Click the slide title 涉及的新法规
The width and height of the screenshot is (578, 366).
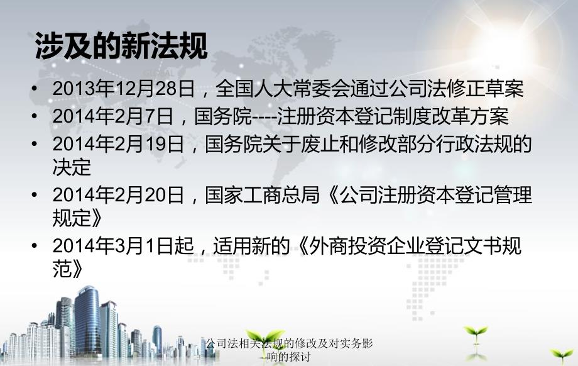tap(121, 46)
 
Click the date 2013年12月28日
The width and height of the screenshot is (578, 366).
tap(124, 89)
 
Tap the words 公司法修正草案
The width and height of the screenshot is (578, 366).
tap(456, 89)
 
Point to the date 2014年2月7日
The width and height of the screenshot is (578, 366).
tap(113, 116)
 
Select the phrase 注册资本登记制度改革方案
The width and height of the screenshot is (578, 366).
tap(393, 116)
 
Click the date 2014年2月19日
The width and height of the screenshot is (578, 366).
tap(118, 143)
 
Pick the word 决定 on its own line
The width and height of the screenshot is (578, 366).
tap(72, 167)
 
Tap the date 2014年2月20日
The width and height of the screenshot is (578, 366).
tap(118, 194)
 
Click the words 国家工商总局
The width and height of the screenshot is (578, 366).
tap(263, 194)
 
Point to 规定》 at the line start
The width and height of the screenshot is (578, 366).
tap(78, 218)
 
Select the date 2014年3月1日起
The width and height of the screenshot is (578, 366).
tap(124, 245)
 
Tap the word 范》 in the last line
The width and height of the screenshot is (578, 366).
tap(68, 269)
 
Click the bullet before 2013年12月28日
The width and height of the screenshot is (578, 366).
tap(35, 89)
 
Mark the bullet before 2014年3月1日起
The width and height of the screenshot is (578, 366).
tap(35, 245)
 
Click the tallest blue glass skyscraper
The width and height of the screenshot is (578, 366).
tap(87, 321)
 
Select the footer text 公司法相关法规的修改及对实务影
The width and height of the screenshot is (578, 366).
tap(289, 343)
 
